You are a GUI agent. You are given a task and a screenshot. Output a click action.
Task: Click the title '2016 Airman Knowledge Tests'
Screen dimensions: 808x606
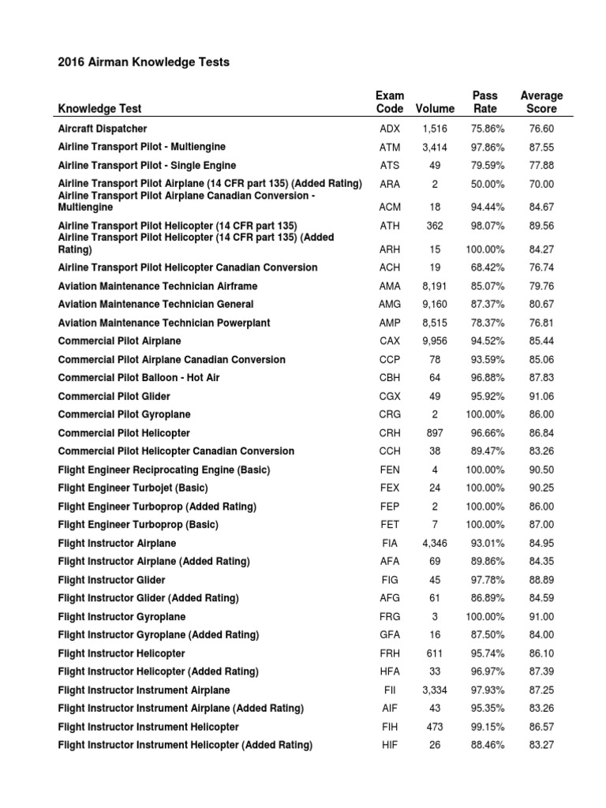pos(144,62)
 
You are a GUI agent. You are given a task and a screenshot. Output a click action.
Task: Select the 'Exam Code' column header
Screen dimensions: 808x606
pos(390,102)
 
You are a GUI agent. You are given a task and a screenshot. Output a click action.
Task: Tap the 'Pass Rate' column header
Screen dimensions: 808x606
pos(484,102)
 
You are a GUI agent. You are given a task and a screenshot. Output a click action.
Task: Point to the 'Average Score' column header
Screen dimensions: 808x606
pos(541,102)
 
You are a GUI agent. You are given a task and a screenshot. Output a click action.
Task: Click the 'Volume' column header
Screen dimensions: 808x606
pos(435,109)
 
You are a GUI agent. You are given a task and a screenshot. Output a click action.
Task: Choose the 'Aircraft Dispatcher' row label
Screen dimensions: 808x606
pos(103,129)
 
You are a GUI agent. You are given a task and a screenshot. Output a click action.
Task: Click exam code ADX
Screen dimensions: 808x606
pos(390,129)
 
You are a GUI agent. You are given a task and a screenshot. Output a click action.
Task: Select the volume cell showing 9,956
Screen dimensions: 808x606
pos(435,341)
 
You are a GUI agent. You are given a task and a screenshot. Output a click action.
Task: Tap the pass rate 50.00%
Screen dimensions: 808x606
pos(484,184)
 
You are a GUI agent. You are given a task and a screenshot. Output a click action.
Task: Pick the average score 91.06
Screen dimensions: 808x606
pos(542,396)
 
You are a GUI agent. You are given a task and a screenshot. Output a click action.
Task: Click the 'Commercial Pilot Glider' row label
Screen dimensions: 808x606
pos(114,396)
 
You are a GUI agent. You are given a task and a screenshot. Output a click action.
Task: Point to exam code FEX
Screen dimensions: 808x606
pos(390,488)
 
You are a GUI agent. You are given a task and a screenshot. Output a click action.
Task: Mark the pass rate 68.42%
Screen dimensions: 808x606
pos(484,267)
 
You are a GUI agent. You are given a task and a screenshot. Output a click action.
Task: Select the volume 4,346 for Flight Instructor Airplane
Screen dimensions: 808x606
pos(435,543)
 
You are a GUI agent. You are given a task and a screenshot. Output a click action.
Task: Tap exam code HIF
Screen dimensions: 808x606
pos(390,745)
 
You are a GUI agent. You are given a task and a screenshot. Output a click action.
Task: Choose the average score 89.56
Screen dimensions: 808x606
pos(542,226)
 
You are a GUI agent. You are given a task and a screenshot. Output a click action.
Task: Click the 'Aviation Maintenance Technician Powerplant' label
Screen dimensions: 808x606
pos(164,323)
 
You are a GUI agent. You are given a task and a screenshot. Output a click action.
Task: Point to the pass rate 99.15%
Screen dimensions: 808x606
pos(484,727)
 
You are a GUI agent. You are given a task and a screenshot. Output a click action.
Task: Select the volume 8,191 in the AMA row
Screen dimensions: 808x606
pos(435,286)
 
